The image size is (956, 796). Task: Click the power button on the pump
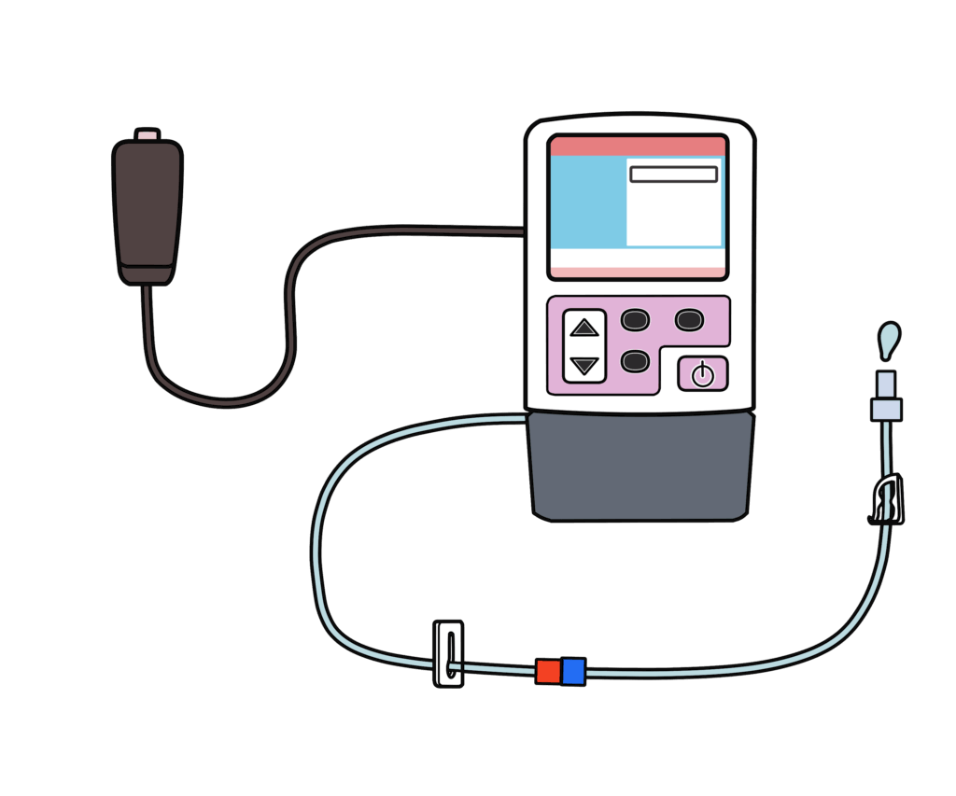(702, 374)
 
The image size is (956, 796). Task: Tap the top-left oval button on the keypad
(635, 320)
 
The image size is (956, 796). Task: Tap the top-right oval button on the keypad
(689, 320)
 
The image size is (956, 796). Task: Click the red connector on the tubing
(548, 671)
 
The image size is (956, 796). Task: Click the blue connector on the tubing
(573, 671)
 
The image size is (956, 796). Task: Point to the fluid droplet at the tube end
(890, 339)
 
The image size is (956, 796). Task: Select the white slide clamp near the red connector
(449, 654)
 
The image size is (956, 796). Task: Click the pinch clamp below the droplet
(888, 499)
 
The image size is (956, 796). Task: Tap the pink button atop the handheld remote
(148, 136)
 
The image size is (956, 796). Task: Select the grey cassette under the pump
(640, 467)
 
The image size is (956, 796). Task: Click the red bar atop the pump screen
(638, 147)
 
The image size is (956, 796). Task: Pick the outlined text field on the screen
(673, 175)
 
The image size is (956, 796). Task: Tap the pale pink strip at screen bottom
(638, 272)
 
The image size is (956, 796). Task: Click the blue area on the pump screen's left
(587, 202)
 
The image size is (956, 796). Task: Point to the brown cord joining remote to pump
(290, 308)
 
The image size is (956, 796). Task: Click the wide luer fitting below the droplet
(886, 409)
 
